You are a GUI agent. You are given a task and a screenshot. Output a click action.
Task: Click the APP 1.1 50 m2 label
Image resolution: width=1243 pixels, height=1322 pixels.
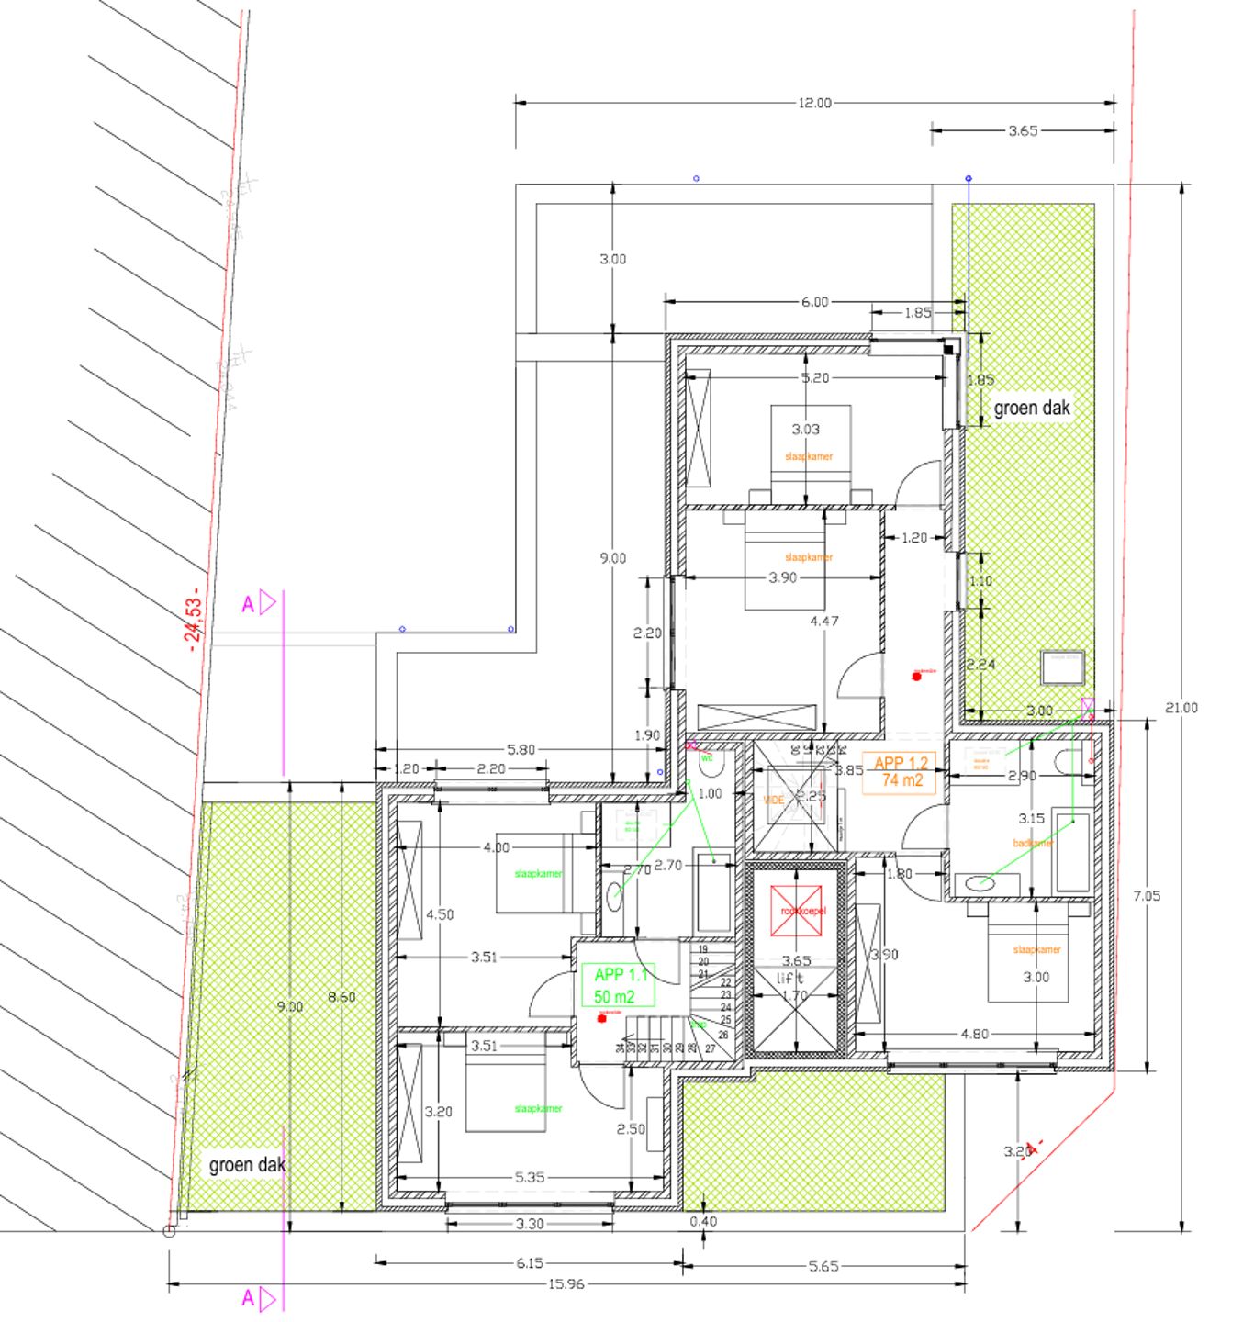(x=620, y=986)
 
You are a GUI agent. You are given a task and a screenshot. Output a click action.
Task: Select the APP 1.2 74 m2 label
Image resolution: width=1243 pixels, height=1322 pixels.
(x=901, y=771)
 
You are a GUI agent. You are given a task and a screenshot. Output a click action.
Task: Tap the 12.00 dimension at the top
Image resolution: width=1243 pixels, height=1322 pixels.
(x=814, y=103)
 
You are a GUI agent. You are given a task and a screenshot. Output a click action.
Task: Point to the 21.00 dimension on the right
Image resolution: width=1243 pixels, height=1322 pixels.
(x=1181, y=708)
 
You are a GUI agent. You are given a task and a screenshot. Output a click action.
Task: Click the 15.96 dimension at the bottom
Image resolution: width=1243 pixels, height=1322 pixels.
(x=566, y=1283)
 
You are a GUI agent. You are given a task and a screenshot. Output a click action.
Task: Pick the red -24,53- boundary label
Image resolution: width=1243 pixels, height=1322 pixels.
(x=194, y=625)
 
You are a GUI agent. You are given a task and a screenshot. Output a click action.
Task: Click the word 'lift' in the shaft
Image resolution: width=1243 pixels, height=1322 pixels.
(x=790, y=978)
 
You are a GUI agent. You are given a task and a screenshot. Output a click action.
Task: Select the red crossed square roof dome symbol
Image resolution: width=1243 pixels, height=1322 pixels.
(x=797, y=911)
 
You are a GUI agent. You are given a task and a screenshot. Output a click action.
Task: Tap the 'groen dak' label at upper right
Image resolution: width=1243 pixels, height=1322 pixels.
(x=1032, y=408)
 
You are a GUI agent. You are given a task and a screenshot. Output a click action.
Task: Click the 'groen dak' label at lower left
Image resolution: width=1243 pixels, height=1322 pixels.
(x=247, y=1165)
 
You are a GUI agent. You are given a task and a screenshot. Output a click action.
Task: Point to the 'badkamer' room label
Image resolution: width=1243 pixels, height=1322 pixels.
(x=1032, y=843)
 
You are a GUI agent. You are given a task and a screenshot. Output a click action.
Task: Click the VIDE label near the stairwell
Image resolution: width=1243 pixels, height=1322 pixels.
(x=774, y=801)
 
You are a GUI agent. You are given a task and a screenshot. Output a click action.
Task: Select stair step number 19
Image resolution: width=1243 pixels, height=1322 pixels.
(x=703, y=949)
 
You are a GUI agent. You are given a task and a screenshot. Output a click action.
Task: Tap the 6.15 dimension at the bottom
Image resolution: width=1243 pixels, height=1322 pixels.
(x=529, y=1263)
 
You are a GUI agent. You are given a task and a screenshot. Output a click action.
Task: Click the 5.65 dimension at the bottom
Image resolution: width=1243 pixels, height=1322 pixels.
(x=823, y=1266)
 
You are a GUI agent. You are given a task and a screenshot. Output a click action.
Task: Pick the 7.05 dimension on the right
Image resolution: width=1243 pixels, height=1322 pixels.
(x=1147, y=896)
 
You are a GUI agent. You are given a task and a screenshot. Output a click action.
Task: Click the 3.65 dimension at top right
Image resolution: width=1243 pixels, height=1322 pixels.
(x=1023, y=130)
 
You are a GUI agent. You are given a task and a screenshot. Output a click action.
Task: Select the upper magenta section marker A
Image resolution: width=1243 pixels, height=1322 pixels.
(x=258, y=604)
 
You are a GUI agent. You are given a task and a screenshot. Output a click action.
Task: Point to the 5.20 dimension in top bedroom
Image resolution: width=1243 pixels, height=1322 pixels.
(x=814, y=377)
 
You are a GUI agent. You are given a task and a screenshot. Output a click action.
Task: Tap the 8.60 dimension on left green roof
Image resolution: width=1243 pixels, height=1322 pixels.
(x=342, y=996)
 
